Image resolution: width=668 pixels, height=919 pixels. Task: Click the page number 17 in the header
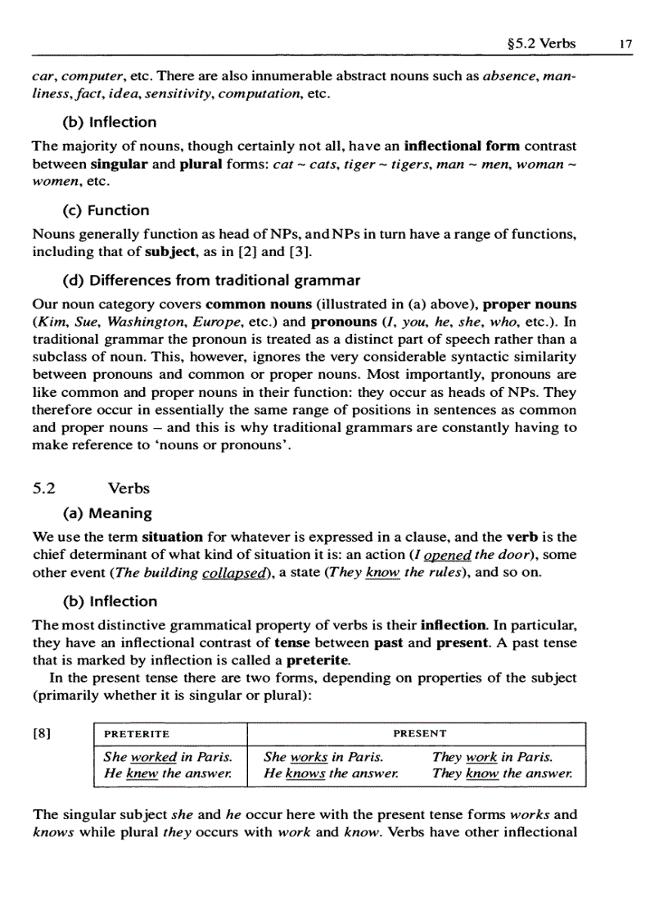point(626,44)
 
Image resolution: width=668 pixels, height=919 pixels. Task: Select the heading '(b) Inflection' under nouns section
point(110,122)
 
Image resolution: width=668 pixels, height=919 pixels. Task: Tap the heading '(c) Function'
point(106,210)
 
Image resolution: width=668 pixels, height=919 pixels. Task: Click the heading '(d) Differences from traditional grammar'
point(211,281)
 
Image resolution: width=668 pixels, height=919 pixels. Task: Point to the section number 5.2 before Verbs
point(44,489)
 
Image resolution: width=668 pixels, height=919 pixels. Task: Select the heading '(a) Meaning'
point(107,513)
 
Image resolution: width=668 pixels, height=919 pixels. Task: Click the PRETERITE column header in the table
point(137,734)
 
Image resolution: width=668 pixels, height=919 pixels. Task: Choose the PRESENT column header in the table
point(420,734)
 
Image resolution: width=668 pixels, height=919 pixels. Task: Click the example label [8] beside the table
point(42,734)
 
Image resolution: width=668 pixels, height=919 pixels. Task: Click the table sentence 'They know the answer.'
point(502,773)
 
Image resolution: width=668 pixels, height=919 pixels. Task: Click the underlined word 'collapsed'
point(233,573)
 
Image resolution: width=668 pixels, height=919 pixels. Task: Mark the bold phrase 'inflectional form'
point(463,146)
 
